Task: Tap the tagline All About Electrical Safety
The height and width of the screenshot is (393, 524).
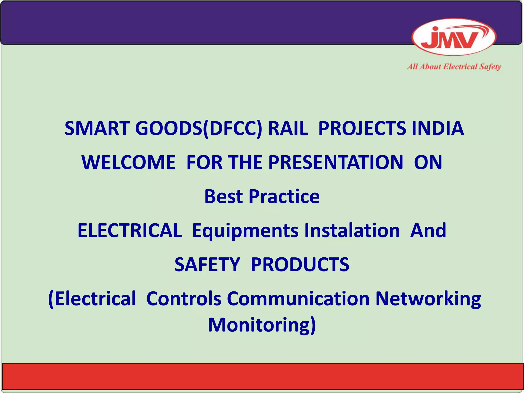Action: (454, 67)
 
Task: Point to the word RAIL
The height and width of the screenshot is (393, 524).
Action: (288, 128)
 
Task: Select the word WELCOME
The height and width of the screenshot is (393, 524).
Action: (129, 162)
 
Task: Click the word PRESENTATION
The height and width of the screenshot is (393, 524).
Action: (335, 162)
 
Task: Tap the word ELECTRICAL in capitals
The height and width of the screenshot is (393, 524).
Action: (129, 231)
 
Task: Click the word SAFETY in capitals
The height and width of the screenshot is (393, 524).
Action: (207, 265)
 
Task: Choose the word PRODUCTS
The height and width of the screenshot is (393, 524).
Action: (300, 265)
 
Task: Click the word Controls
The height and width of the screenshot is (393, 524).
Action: (184, 299)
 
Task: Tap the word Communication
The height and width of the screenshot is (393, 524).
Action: (298, 299)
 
